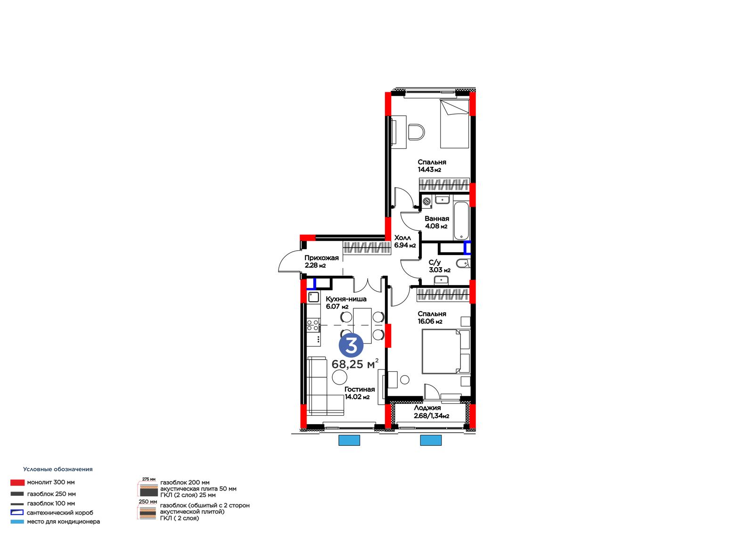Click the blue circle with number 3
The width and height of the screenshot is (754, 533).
tap(351, 345)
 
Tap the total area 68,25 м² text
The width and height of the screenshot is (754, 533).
tap(355, 364)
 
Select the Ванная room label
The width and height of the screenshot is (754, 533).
tap(436, 219)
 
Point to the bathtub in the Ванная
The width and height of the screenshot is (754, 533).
tap(461, 221)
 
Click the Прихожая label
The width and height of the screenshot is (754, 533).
tap(321, 258)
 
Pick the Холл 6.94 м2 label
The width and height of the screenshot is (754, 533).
tap(405, 241)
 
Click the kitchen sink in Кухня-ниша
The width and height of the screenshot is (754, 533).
tap(313, 297)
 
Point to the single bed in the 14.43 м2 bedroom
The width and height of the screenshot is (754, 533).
tap(454, 123)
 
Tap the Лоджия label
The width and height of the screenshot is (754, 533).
tap(427, 408)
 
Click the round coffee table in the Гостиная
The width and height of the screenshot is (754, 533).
tap(340, 377)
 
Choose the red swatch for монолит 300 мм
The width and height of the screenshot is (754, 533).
tap(17, 483)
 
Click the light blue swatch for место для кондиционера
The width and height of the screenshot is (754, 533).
tap(17, 522)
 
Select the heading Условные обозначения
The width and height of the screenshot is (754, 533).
tap(58, 469)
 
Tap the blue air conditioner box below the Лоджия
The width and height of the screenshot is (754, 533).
tap(431, 440)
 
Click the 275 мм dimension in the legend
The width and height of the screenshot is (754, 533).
tap(149, 479)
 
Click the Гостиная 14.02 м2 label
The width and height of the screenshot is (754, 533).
tap(360, 393)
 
